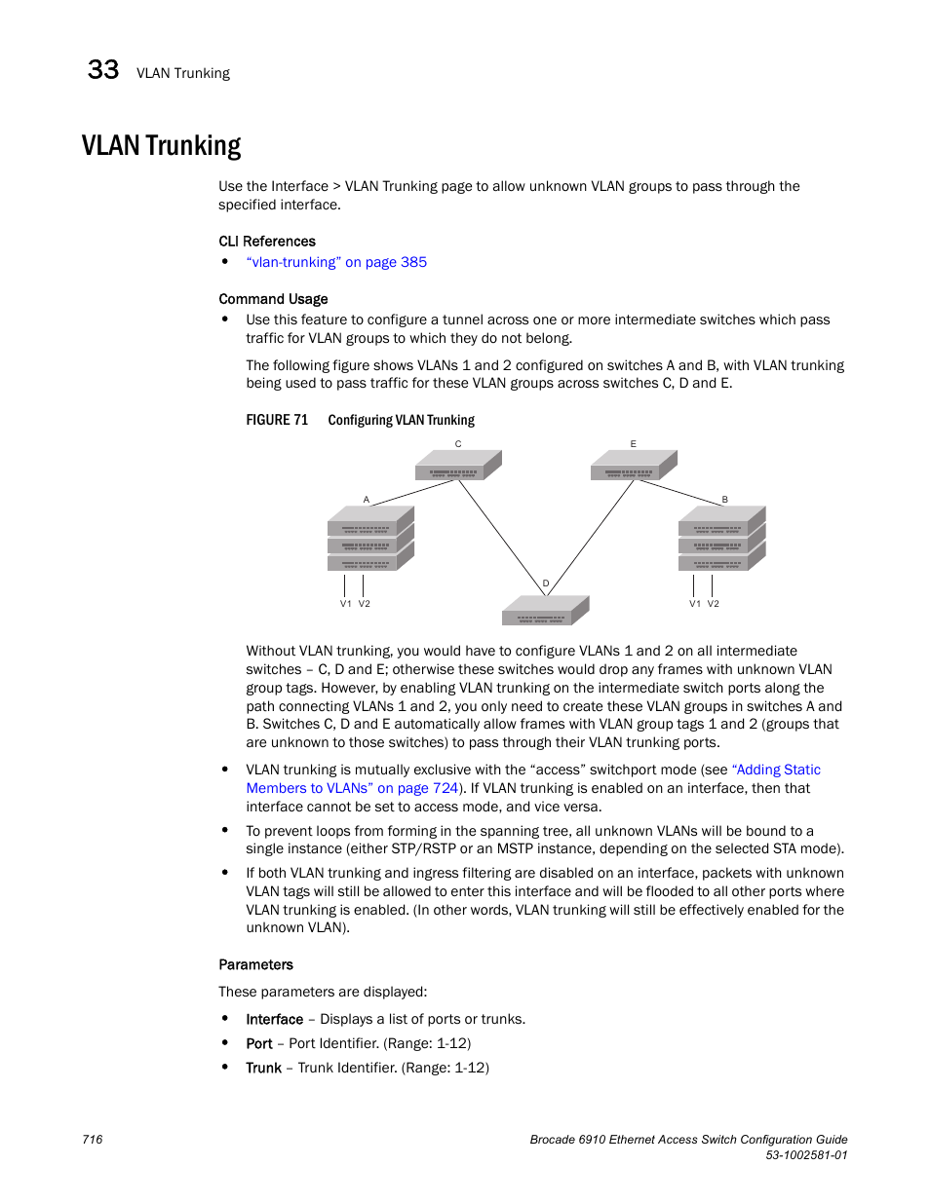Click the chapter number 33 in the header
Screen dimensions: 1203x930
[103, 70]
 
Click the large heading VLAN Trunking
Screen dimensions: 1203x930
[162, 146]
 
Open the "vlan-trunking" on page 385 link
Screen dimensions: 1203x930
[336, 262]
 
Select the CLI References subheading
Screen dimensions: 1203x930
[267, 242]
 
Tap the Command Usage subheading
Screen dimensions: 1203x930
[273, 299]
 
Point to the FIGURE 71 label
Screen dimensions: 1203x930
[277, 420]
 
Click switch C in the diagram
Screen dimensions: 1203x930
[457, 467]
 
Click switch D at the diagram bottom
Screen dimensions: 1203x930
[545, 612]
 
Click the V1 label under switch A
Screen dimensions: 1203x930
[345, 604]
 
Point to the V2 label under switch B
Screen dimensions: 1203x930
[714, 604]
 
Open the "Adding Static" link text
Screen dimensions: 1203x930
[777, 770]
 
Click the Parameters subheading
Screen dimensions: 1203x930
[255, 964]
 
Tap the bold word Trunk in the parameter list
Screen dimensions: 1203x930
[263, 1068]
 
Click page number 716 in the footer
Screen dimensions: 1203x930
[93, 1140]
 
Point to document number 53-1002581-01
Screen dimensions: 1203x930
[806, 1155]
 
